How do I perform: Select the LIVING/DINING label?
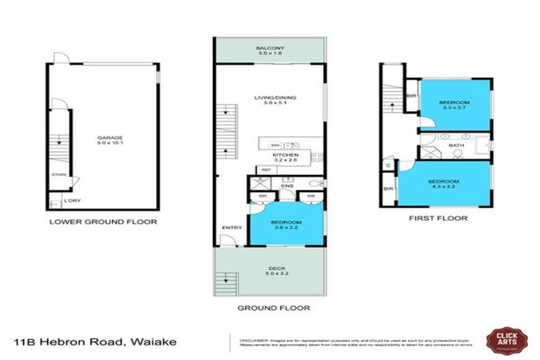[271, 101]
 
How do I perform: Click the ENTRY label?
[231, 228]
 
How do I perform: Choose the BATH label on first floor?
[456, 146]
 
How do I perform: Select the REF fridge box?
[266, 169]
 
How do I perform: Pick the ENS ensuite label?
[288, 186]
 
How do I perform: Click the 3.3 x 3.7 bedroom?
[456, 105]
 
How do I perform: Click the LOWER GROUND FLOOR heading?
[103, 221]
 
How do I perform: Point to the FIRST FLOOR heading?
[438, 218]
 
